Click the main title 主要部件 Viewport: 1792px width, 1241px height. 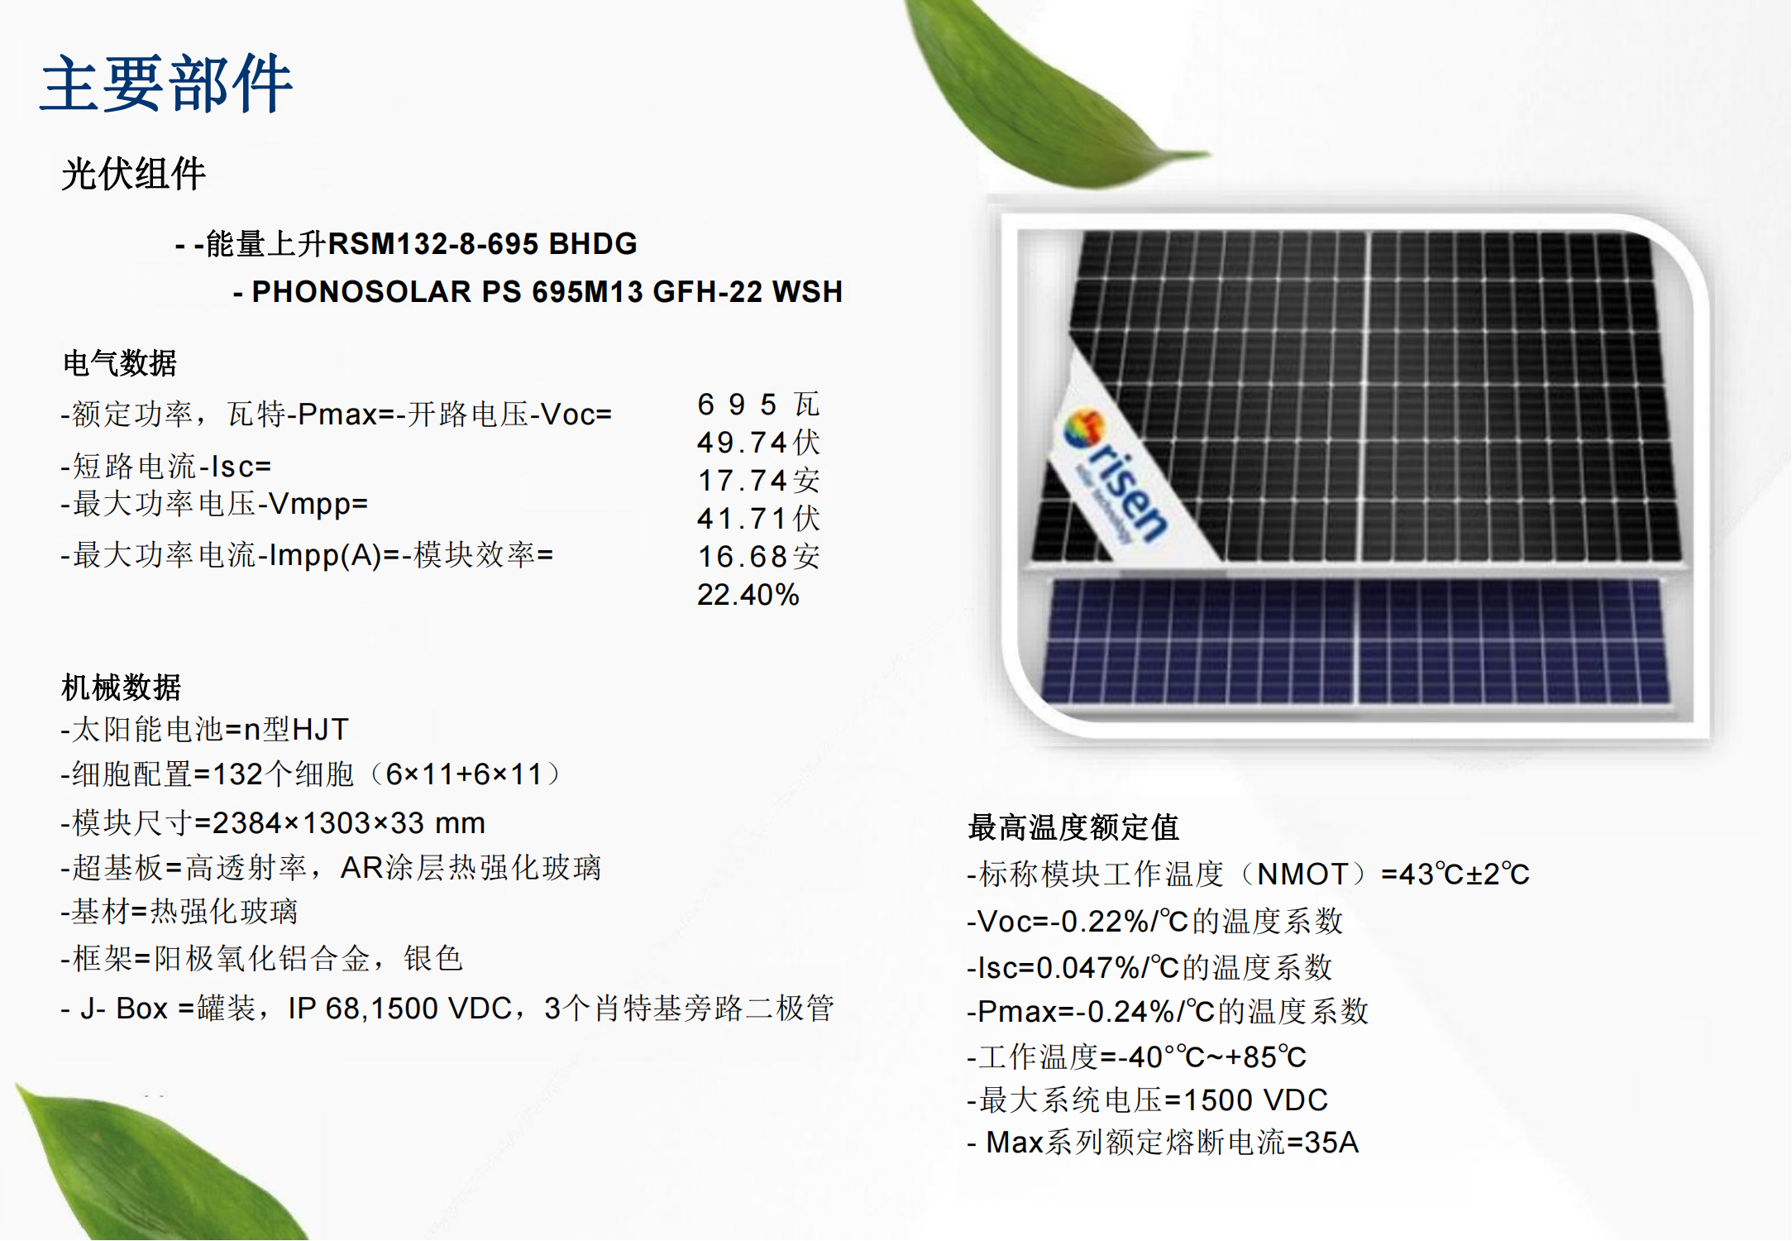coord(166,84)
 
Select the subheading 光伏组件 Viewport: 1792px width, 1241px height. coord(133,174)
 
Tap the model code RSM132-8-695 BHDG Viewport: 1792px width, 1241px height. coord(483,244)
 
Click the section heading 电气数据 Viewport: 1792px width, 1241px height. coord(120,362)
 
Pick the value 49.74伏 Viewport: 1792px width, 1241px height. coord(758,443)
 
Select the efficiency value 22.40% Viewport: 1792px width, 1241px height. coord(748,595)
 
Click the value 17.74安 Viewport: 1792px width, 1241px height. coord(758,481)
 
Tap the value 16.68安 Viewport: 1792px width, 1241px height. coord(758,557)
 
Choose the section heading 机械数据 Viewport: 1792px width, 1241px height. coord(121,687)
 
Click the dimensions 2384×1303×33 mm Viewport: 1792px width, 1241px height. coord(348,823)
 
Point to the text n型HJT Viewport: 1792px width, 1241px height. coord(295,730)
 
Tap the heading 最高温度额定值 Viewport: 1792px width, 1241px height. coord(1073,827)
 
